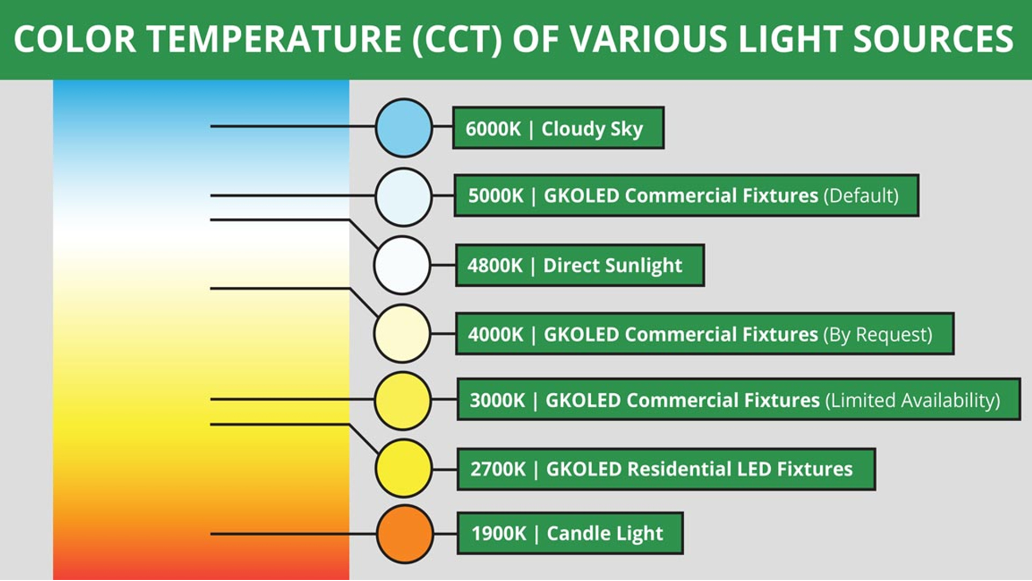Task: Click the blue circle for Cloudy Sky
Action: (404, 128)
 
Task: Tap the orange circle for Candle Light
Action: (405, 534)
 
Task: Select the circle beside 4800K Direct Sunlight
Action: (402, 265)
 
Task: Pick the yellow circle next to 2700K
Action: (403, 468)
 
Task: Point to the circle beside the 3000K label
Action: (403, 401)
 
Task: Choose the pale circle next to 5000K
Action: (404, 197)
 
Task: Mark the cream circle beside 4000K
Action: (402, 334)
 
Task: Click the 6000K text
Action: (493, 129)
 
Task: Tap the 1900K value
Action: (499, 534)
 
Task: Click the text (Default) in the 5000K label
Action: (861, 196)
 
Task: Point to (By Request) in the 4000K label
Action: (878, 335)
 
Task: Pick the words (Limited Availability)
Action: (913, 401)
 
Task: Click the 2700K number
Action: (498, 469)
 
